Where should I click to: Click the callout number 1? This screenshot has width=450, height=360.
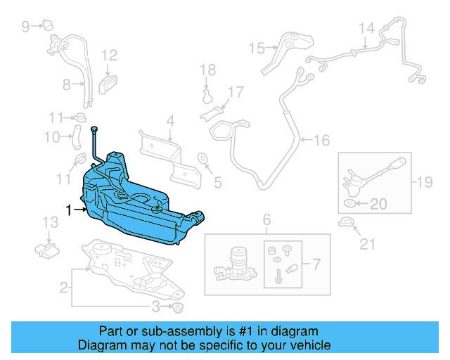click(69, 210)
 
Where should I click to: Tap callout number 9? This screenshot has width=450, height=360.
click(25, 27)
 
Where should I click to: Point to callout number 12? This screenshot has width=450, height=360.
click(109, 55)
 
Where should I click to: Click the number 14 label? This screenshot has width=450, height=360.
click(366, 28)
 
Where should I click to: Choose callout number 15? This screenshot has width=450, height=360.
click(256, 48)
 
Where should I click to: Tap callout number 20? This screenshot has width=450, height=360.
click(378, 205)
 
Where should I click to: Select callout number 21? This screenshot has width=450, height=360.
click(368, 244)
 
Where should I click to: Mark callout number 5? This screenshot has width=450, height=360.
click(217, 183)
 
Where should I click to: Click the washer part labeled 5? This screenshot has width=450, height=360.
click(202, 157)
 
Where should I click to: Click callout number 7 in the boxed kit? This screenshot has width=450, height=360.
click(315, 265)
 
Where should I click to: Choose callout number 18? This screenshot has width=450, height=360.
click(207, 69)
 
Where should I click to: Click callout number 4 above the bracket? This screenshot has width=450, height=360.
click(170, 121)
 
